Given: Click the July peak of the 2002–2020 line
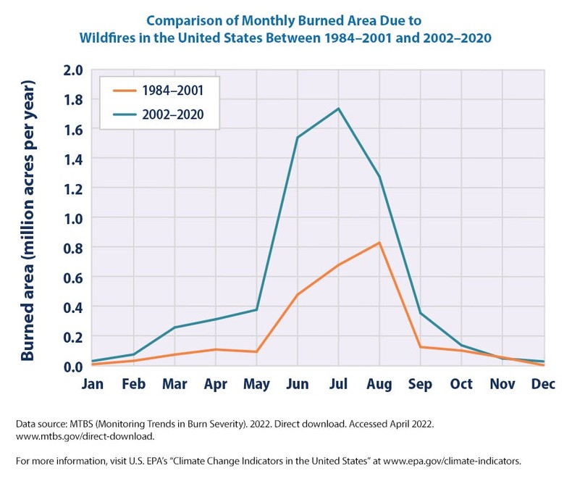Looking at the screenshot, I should point(338,109).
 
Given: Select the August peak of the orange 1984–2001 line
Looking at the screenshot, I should point(379,243).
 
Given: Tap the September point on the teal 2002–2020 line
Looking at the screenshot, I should point(421,313).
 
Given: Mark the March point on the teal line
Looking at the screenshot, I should point(174,327).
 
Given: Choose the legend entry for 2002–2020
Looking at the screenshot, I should point(159,114).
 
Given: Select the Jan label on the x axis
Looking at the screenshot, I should point(92,384).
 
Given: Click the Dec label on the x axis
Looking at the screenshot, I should point(543,384).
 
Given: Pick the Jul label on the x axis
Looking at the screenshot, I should point(338,384).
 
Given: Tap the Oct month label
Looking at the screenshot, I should point(461,384).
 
